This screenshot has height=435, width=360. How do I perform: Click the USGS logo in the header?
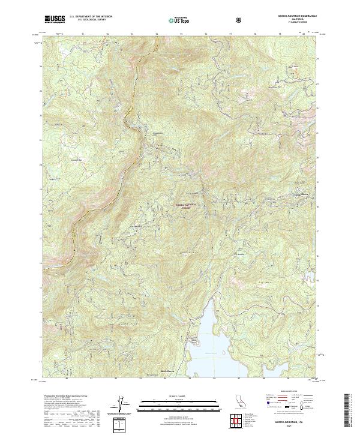55,19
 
